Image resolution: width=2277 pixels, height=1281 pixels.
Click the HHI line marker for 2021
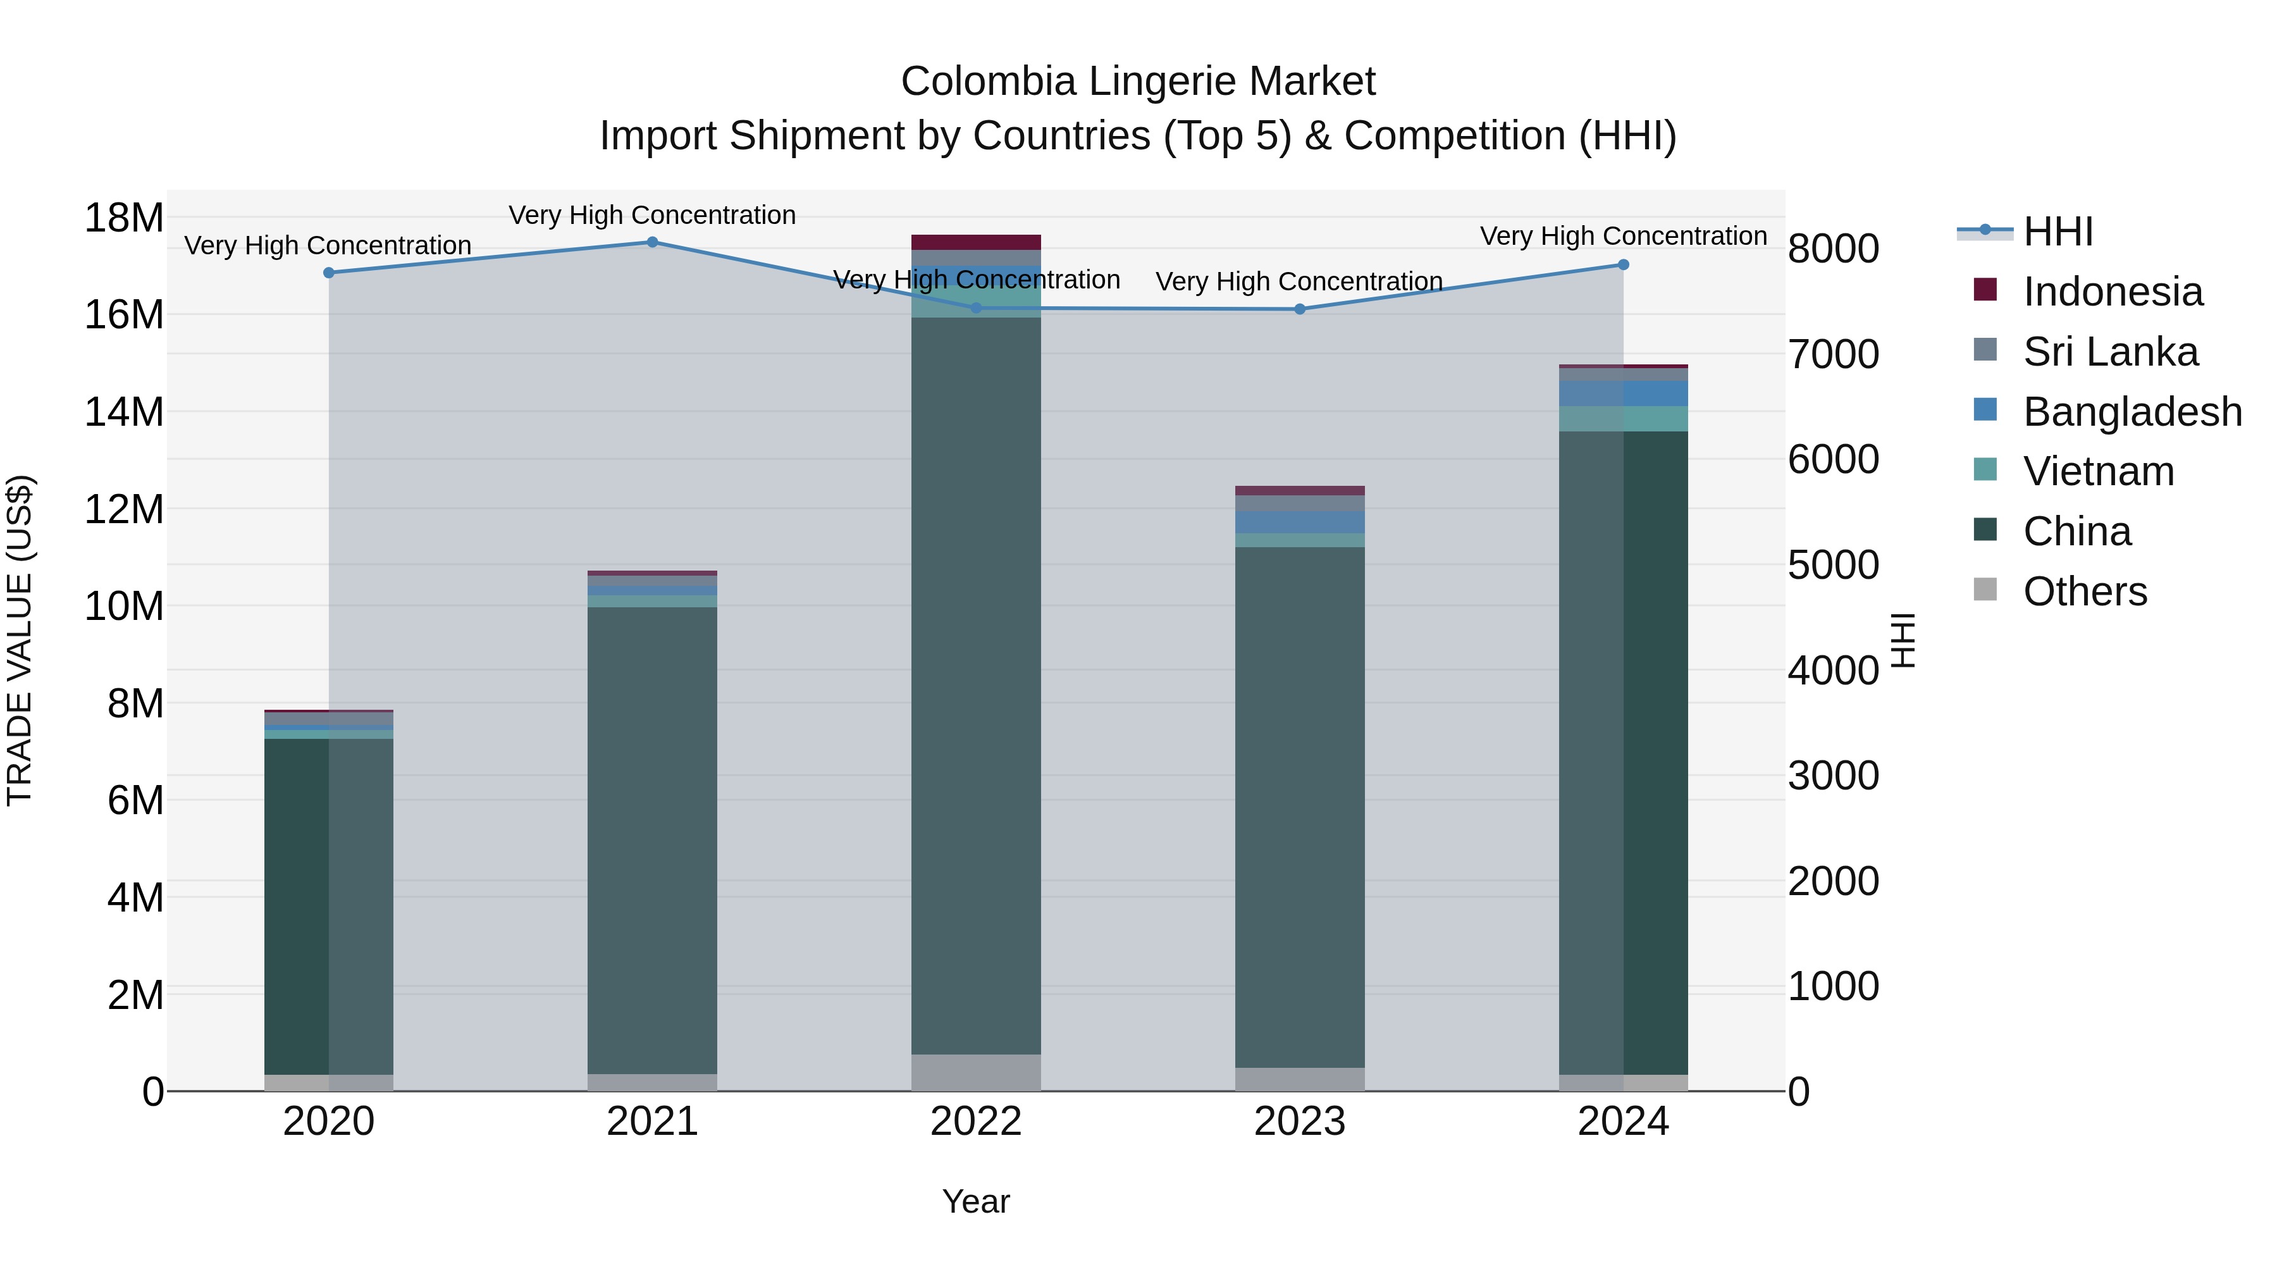(x=652, y=242)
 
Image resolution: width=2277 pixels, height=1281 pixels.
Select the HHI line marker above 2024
(x=1623, y=264)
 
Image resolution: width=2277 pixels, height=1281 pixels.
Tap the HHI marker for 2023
(x=1299, y=309)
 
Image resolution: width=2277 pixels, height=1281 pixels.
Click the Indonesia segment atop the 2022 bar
(x=976, y=242)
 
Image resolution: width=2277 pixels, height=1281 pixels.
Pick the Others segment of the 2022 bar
(x=976, y=1072)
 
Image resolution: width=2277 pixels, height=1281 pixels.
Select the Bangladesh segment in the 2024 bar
(x=1623, y=393)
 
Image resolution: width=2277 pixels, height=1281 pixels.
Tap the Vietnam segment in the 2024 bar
(x=1623, y=418)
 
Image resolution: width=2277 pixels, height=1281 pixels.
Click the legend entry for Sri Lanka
(x=2110, y=352)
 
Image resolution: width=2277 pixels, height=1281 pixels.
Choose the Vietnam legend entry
(x=2099, y=471)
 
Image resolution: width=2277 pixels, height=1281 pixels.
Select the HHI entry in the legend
(x=2058, y=232)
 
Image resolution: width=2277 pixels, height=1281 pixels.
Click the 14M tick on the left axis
(x=124, y=412)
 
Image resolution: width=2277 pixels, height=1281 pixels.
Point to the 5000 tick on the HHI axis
(x=1833, y=565)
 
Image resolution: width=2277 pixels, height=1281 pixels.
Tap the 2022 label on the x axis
(x=976, y=1121)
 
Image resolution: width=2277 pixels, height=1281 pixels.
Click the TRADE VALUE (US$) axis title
(x=20, y=640)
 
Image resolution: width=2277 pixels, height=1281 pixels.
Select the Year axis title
(x=976, y=1201)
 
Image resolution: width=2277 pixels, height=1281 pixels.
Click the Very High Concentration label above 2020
(x=328, y=245)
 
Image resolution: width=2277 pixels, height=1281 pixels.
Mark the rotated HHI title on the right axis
(x=1902, y=640)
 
